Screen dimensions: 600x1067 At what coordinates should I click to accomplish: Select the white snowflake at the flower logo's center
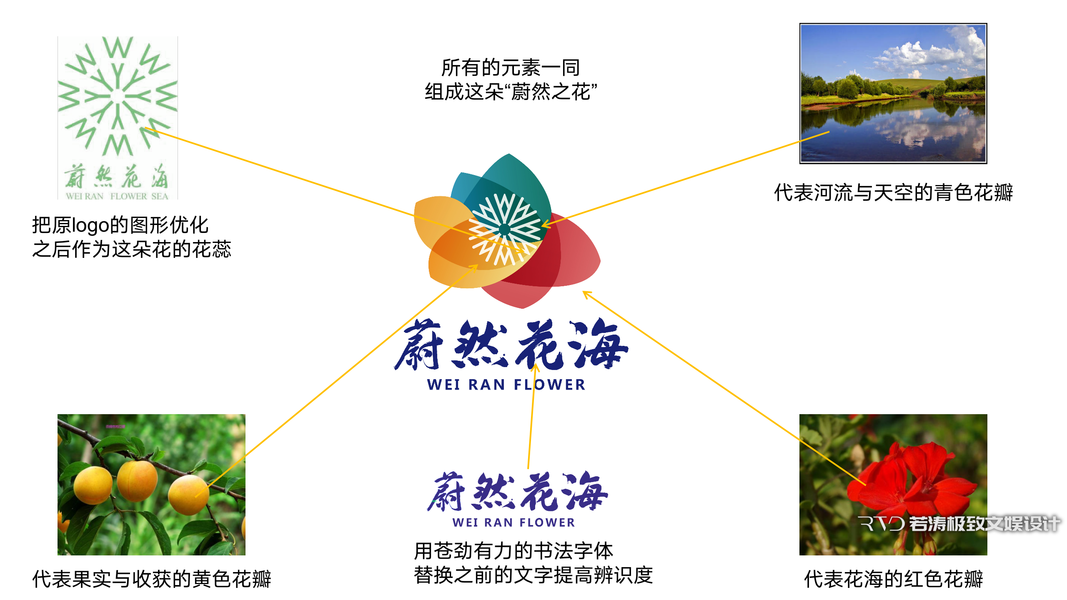pos(505,229)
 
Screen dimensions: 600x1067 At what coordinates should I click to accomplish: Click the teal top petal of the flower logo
pos(517,179)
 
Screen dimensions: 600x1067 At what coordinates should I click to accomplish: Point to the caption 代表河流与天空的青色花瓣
pos(893,192)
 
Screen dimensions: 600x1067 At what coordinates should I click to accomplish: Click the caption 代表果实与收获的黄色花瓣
pos(152,579)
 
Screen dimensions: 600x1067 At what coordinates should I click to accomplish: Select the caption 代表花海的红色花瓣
pos(893,579)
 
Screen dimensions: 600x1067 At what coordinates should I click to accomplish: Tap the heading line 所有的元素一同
pos(511,68)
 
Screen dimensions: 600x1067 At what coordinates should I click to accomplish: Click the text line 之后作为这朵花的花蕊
pos(132,249)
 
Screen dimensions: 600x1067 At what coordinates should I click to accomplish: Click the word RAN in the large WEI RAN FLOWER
pos(487,385)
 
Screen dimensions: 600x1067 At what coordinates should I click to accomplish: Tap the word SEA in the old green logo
pos(160,196)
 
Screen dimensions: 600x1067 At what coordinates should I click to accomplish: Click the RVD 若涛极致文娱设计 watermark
pos(959,524)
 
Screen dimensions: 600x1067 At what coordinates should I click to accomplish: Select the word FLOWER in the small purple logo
pos(547,522)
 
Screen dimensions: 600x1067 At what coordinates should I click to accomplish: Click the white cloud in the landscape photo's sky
pos(929,54)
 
